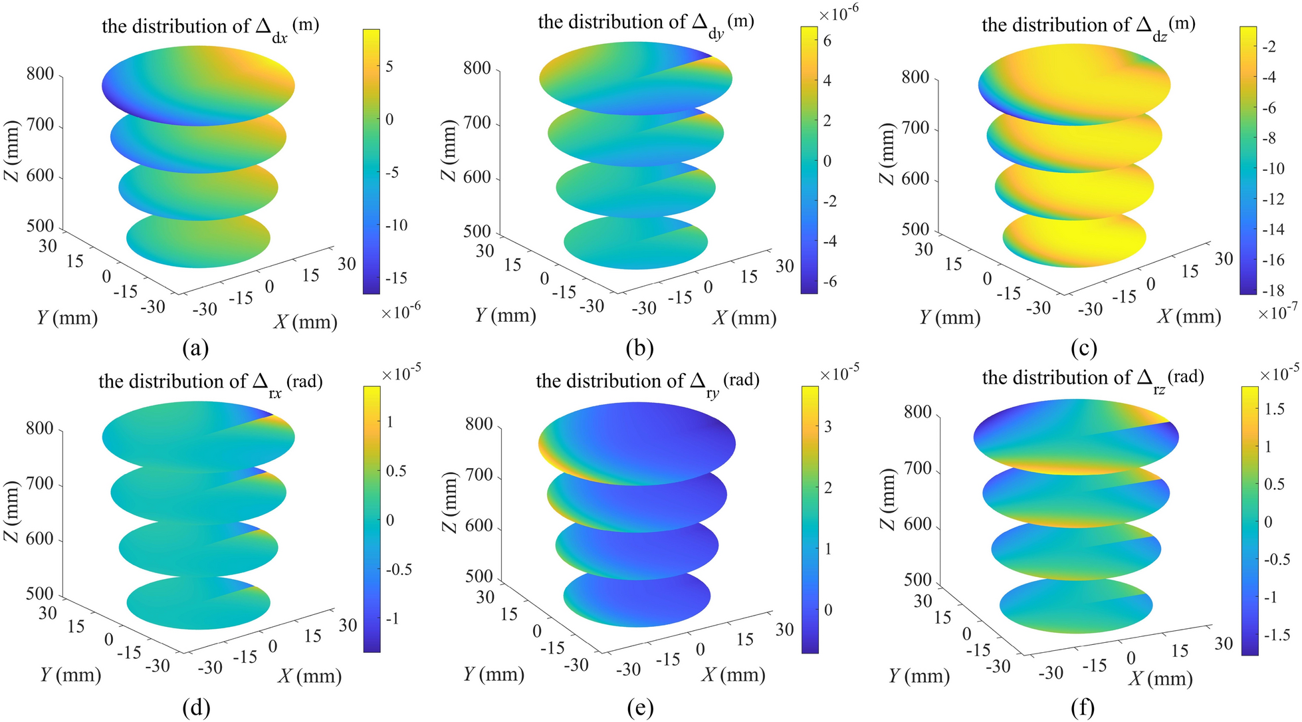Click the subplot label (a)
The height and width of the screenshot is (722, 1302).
pos(196,348)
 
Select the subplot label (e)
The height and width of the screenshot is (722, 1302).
pos(640,709)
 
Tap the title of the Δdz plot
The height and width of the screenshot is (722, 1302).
pos(1088,26)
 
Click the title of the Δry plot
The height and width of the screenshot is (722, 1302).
pos(647,382)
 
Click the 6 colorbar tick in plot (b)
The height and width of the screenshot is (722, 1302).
pos(827,41)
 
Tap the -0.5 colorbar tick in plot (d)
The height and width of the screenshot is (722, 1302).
pos(398,569)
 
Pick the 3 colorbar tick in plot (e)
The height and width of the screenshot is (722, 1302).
pos(827,427)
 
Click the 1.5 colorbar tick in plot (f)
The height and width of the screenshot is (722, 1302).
pos(1274,410)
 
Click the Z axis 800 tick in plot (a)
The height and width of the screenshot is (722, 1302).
pos(40,73)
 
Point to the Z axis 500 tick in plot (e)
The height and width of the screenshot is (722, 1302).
pos(479,576)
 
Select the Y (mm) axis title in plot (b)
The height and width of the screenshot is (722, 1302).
pos(505,315)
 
